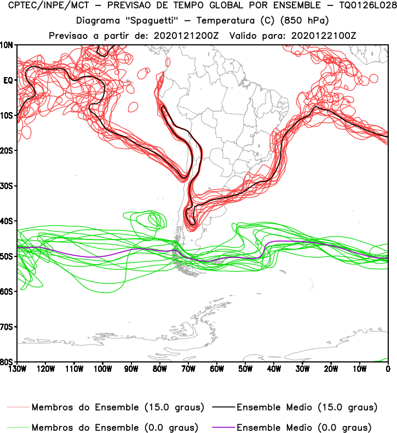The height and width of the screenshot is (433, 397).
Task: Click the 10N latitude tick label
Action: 8,45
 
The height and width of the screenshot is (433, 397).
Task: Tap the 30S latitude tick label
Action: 8,186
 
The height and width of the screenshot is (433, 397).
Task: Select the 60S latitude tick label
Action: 8,291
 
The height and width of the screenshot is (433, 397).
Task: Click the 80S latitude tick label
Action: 8,362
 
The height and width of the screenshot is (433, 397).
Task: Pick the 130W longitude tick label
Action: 18,368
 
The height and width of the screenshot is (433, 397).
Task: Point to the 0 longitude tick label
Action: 388,368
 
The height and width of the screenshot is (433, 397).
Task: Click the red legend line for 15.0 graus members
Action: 19,408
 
